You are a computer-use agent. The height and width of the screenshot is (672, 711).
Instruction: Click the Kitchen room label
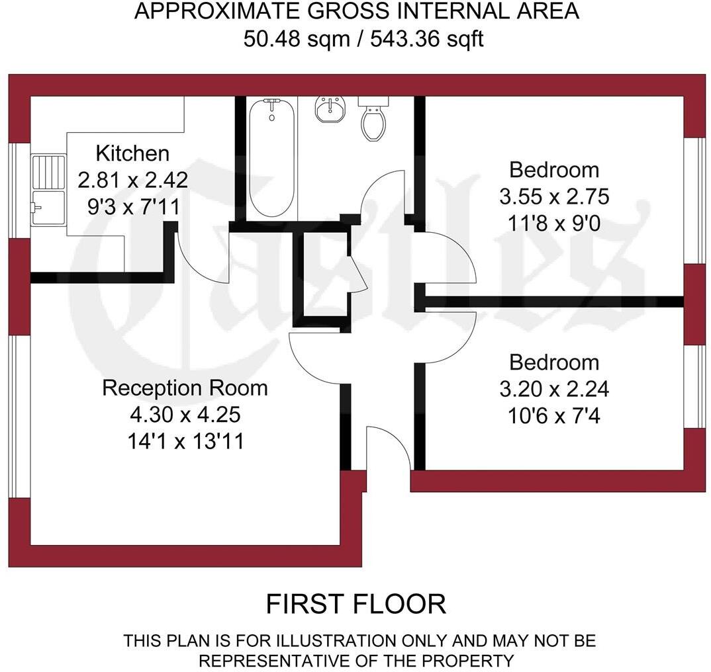132,153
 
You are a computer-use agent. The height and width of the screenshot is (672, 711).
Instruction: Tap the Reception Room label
185,388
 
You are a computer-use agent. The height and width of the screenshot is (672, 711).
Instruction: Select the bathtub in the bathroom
271,158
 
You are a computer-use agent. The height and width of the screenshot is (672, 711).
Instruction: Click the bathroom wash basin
329,109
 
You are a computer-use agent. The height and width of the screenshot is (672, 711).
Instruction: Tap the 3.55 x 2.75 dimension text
554,197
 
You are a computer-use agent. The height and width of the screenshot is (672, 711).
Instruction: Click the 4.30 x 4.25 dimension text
185,415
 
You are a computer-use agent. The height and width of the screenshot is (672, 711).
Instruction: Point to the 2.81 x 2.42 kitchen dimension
132,180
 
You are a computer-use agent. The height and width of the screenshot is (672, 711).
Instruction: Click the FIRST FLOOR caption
355,604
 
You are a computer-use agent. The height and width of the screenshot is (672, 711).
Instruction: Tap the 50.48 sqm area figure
296,39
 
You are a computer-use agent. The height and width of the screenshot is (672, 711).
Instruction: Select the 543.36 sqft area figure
426,39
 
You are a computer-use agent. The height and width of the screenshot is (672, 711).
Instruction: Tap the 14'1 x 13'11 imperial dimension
185,441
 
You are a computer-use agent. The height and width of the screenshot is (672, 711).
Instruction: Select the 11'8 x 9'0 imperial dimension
554,224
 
